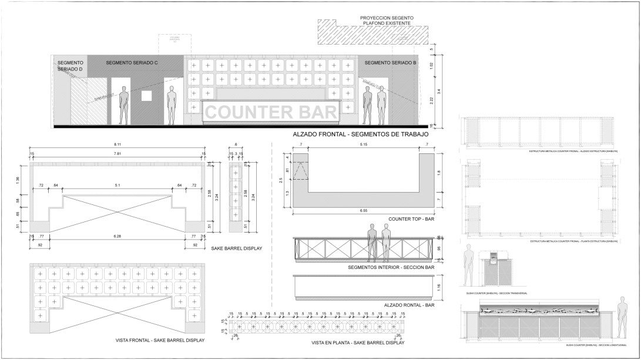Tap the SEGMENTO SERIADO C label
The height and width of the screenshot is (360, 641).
coord(132,62)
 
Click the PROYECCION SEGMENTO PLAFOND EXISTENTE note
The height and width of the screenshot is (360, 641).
coord(387,21)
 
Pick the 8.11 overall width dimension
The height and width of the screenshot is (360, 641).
coord(118,144)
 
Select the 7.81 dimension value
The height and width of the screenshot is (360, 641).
coord(118,154)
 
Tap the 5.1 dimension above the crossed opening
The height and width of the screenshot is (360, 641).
coord(118,186)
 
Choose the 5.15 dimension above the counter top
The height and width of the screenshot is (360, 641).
coord(363,144)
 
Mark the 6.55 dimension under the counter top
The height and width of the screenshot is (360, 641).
coord(364,210)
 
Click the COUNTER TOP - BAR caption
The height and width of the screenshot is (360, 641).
coord(411,219)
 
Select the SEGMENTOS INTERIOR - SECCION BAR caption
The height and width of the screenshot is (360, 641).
coord(391,268)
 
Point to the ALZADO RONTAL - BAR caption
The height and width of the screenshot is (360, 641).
coord(409,305)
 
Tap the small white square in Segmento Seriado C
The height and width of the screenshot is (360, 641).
coord(147,96)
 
